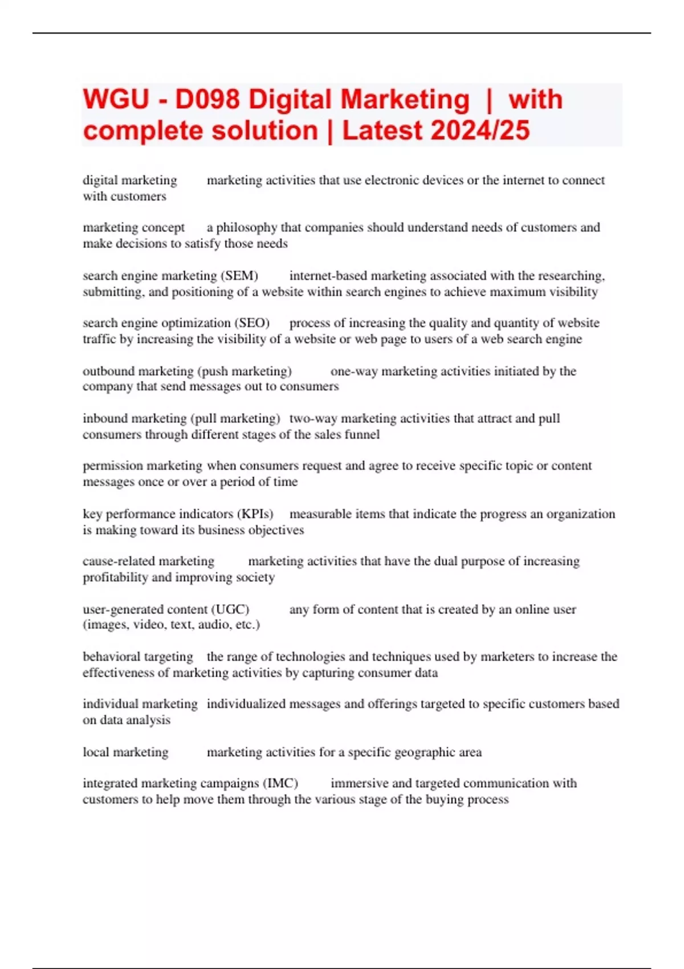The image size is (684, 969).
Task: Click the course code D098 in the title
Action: point(207,100)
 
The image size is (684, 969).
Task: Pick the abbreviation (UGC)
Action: point(231,609)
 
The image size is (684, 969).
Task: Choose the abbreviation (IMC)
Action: point(279,783)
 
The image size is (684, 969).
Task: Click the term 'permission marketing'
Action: point(142,466)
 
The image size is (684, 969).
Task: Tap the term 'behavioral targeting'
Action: point(138,657)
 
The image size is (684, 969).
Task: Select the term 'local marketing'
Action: point(125,752)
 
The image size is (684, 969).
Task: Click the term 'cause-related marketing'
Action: point(148,561)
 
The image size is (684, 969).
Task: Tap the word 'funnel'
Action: point(363,434)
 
